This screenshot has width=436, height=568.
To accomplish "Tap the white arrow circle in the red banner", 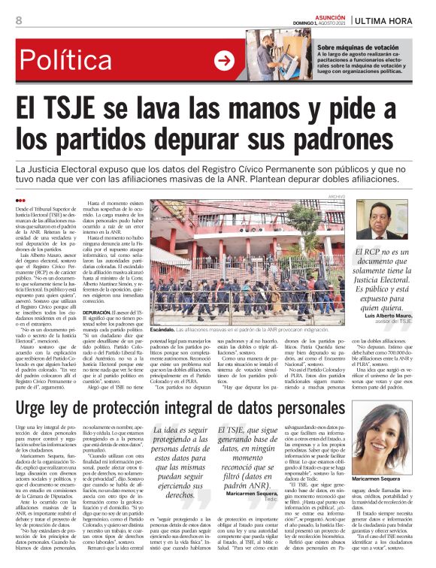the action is click(223, 61).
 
